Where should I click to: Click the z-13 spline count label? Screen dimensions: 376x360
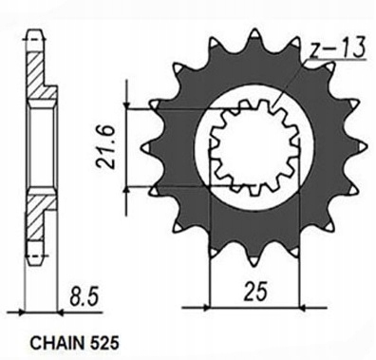pyautogui.click(x=337, y=48)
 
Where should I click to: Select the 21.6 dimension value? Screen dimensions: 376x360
pyautogui.click(x=105, y=146)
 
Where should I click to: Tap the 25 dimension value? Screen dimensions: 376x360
pyautogui.click(x=254, y=290)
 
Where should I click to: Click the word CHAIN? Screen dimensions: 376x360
pyautogui.click(x=55, y=343)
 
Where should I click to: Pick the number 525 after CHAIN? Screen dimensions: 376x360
pyautogui.click(x=102, y=343)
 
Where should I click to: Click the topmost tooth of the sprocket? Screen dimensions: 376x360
pyautogui.click(x=254, y=35)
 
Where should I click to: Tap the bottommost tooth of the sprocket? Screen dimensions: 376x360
pyautogui.click(x=254, y=259)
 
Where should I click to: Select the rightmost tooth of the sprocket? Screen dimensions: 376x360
pyautogui.click(x=362, y=147)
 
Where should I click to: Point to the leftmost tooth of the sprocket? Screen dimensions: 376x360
pyautogui.click(x=148, y=147)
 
